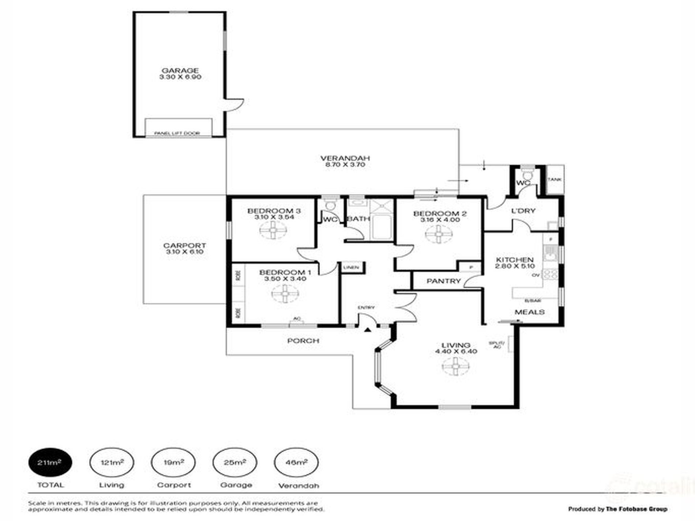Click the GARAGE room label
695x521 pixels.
click(180, 71)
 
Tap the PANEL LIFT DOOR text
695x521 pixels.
click(177, 133)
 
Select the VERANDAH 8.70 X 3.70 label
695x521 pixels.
click(345, 161)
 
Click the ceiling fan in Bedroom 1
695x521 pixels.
click(285, 294)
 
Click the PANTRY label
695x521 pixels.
click(443, 281)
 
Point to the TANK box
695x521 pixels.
click(554, 180)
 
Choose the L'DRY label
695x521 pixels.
click(523, 211)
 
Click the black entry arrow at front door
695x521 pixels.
click(368, 330)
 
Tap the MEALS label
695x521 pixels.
click(529, 312)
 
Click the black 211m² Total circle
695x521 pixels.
click(50, 463)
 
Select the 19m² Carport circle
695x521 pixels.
click(173, 463)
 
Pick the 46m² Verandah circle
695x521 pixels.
click(296, 463)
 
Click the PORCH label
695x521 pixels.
click(303, 341)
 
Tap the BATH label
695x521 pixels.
click(358, 219)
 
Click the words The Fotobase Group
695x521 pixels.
click(636, 509)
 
